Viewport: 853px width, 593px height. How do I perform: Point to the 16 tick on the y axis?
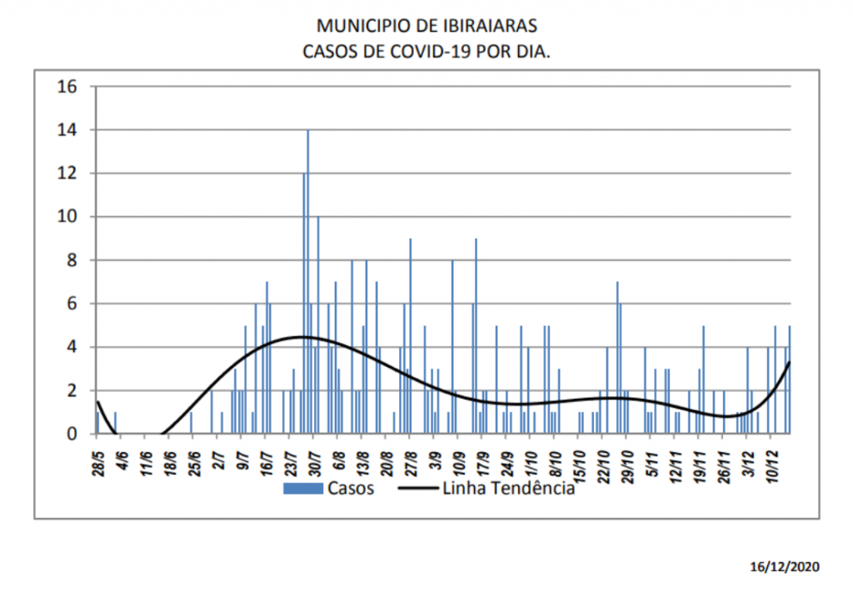point(67,87)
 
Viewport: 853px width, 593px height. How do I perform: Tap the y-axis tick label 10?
point(67,217)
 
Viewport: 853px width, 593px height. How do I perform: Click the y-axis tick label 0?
point(72,434)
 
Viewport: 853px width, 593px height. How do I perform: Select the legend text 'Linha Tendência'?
point(521,489)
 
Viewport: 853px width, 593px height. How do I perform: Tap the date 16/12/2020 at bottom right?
point(785,566)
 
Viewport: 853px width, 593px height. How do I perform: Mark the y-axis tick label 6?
point(72,304)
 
